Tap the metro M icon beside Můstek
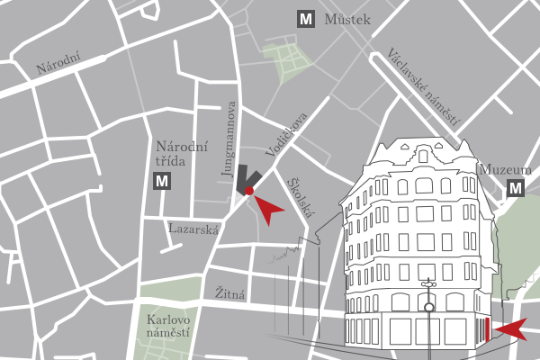point(307,19)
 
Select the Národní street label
point(58,64)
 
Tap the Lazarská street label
point(193,229)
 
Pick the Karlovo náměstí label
point(167,327)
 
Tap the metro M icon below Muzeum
point(516,189)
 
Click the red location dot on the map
point(250,190)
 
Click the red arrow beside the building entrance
point(510,330)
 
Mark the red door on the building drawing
point(487,330)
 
